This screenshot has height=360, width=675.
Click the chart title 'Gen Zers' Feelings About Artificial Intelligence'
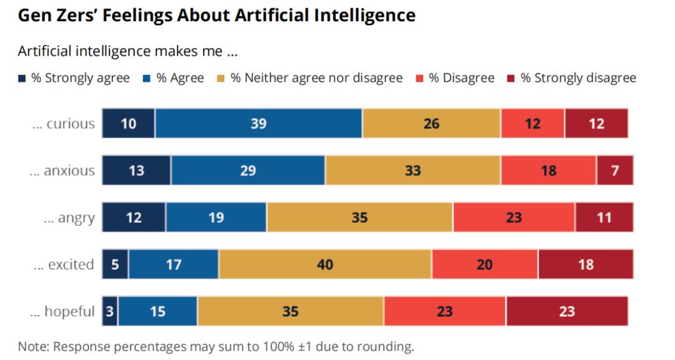[x=216, y=16]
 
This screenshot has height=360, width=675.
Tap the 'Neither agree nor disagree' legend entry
[x=309, y=78]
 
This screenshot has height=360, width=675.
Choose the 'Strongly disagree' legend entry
[x=571, y=78]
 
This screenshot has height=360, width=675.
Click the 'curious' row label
[x=64, y=124]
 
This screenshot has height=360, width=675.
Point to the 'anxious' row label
[x=62, y=171]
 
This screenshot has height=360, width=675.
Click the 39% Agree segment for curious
[x=258, y=124]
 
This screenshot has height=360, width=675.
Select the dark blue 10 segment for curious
[x=128, y=124]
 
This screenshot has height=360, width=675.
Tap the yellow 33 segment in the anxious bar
[x=412, y=171]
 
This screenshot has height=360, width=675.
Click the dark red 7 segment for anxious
[x=614, y=171]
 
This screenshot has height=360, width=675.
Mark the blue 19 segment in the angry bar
[x=216, y=218]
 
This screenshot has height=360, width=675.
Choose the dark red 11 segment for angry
[x=604, y=218]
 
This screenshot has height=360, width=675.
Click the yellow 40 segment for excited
[x=325, y=264]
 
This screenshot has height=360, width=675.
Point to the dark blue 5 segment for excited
[x=115, y=264]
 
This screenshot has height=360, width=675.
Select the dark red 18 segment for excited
[x=585, y=264]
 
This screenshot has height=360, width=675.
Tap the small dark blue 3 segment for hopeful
[x=109, y=311]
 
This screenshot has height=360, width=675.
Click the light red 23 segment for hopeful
[x=444, y=311]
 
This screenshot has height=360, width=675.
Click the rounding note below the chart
[x=216, y=346]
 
